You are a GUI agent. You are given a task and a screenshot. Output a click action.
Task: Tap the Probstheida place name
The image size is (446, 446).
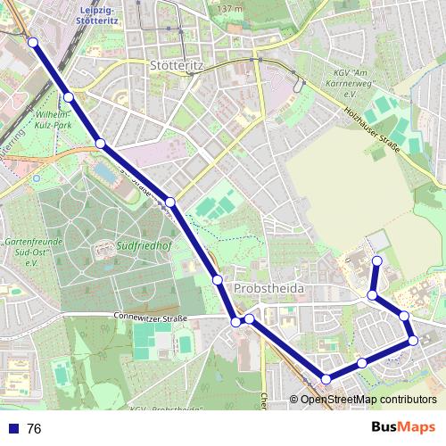269,290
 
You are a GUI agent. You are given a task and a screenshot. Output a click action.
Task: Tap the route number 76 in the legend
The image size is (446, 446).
34,429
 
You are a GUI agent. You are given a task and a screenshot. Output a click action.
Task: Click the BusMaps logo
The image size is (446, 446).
401,428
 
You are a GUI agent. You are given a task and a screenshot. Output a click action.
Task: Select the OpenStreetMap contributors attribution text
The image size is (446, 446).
368,400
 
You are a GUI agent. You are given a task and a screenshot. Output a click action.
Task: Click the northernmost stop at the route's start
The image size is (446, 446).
33,42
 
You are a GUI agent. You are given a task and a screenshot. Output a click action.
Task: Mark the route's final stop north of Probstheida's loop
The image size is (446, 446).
376,260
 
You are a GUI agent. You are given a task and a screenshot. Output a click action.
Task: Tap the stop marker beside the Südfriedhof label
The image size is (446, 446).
170,203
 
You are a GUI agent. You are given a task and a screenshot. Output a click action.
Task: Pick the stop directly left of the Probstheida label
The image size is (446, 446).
218,280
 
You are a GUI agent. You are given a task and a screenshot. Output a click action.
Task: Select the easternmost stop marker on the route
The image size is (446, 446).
413,340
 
